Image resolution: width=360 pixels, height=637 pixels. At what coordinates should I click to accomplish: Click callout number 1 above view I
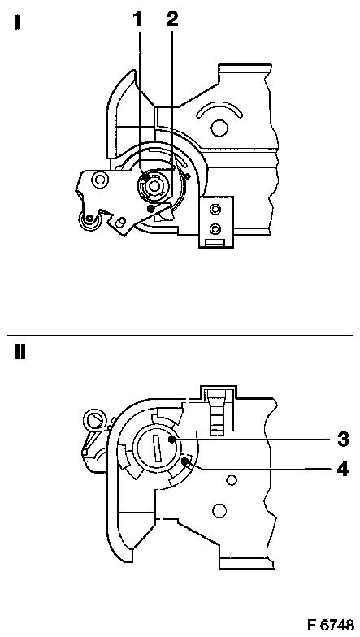[138, 19]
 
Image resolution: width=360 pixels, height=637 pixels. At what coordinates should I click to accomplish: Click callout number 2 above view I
[172, 19]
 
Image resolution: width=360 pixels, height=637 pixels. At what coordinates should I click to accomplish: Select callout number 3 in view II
[343, 439]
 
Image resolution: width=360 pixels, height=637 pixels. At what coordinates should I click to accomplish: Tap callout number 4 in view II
[343, 469]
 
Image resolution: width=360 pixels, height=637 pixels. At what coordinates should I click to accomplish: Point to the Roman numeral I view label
[17, 22]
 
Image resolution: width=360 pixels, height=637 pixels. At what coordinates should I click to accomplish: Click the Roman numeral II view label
[20, 352]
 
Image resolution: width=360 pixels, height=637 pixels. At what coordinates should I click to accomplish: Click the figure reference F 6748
[330, 624]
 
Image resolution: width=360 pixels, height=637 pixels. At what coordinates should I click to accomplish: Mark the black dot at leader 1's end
[146, 177]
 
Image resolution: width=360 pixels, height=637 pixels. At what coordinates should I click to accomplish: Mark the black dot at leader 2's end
[151, 208]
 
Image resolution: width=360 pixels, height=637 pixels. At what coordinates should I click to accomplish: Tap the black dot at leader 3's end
[172, 440]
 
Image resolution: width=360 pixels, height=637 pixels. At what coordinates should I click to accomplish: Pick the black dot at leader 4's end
[185, 460]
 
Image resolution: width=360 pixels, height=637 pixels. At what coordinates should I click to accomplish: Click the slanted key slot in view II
[156, 447]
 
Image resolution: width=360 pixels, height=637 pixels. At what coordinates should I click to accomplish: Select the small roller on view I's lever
[88, 220]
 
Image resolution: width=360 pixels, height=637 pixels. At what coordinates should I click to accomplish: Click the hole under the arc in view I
[219, 128]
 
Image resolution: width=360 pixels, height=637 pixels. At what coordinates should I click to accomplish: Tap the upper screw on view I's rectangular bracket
[215, 209]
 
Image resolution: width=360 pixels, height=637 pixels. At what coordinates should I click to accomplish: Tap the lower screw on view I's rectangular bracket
[215, 229]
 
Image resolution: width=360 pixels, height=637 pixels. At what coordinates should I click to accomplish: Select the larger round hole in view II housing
[219, 509]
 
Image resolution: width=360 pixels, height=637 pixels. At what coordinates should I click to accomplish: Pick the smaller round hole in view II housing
[231, 481]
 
